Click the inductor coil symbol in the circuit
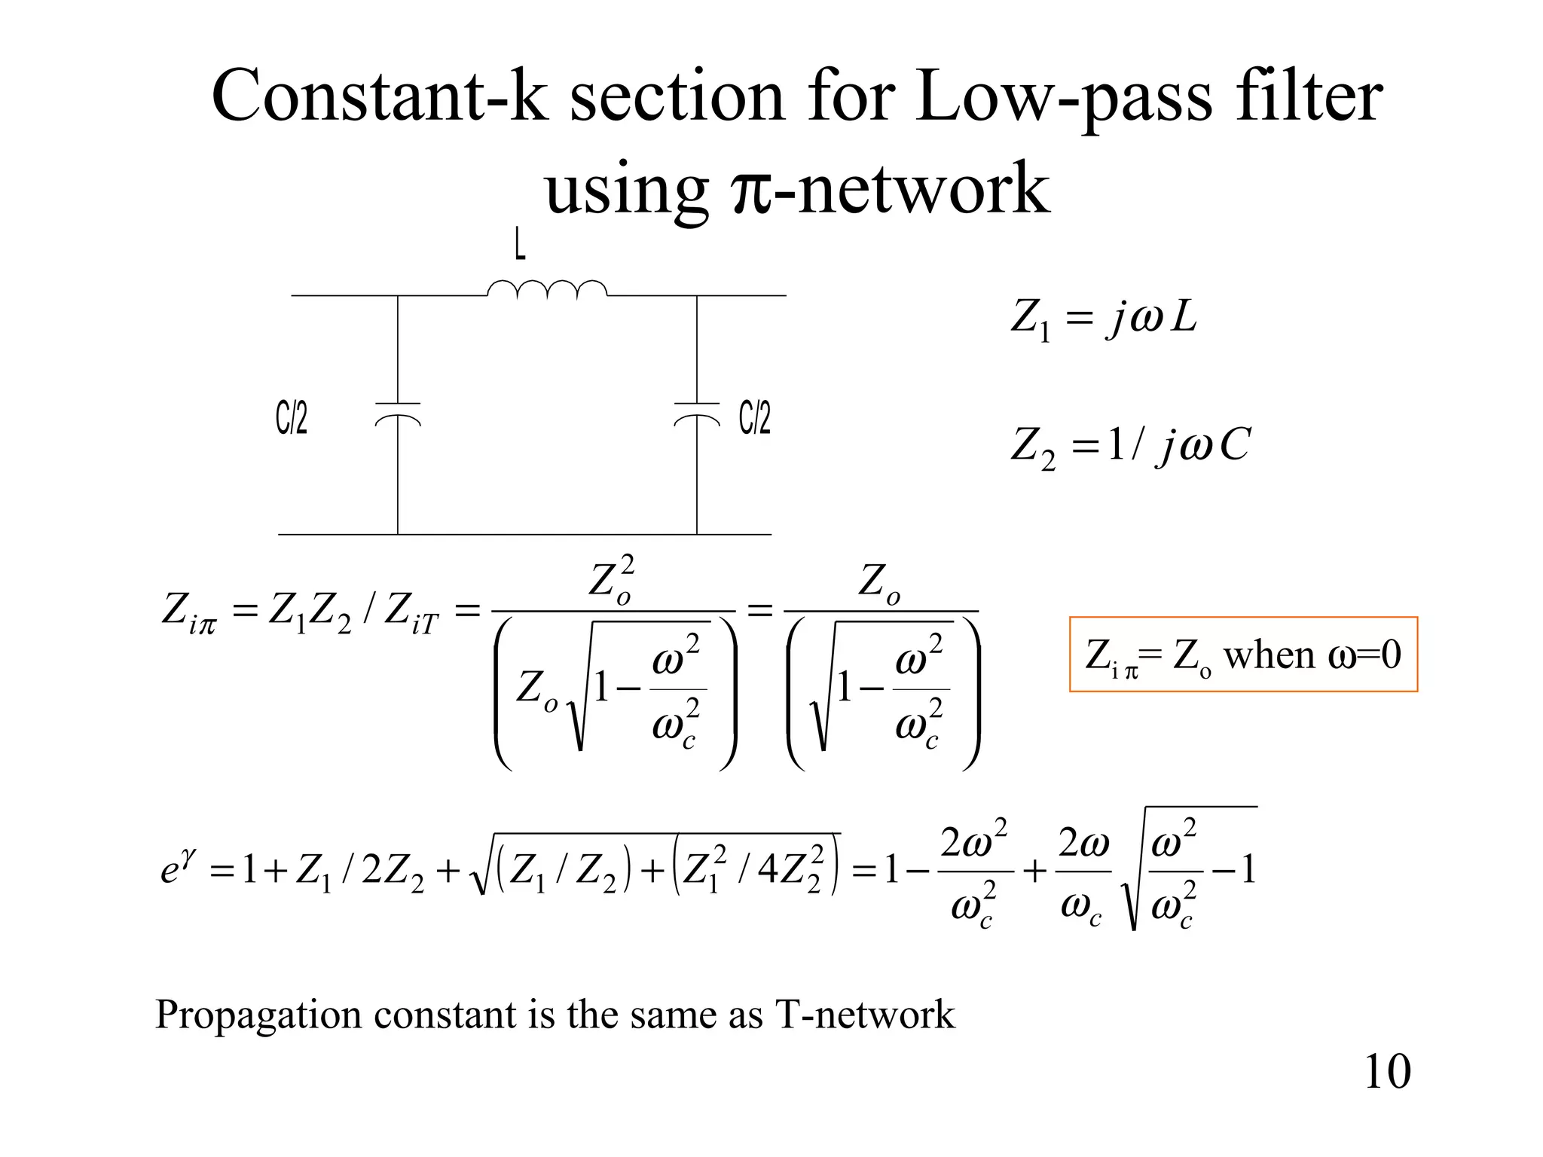[x=547, y=290]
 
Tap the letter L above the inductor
[x=520, y=246]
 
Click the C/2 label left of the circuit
[x=292, y=418]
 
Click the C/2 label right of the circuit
[x=755, y=418]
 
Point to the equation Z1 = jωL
[x=1103, y=317]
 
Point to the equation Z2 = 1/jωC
[x=1130, y=445]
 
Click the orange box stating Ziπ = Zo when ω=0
[x=1243, y=654]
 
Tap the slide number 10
[x=1387, y=1071]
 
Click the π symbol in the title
[x=750, y=190]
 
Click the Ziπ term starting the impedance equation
[x=188, y=612]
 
